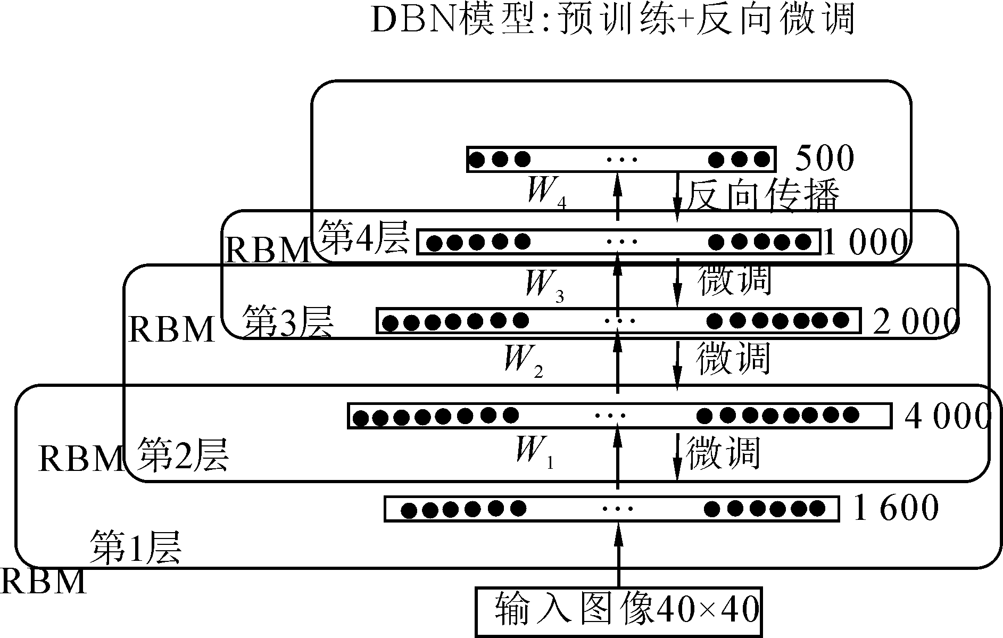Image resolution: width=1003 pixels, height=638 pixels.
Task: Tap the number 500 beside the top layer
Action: [x=824, y=158]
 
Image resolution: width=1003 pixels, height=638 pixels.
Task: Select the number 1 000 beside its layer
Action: [x=864, y=243]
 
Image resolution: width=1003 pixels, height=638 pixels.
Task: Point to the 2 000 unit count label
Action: [x=915, y=321]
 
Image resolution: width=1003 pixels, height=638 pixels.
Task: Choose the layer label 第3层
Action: [x=288, y=321]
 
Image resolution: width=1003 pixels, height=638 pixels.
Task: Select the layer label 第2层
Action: [x=184, y=455]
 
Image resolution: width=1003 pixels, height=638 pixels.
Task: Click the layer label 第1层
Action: [x=136, y=547]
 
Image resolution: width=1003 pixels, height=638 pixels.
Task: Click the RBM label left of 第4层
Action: [x=267, y=250]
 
